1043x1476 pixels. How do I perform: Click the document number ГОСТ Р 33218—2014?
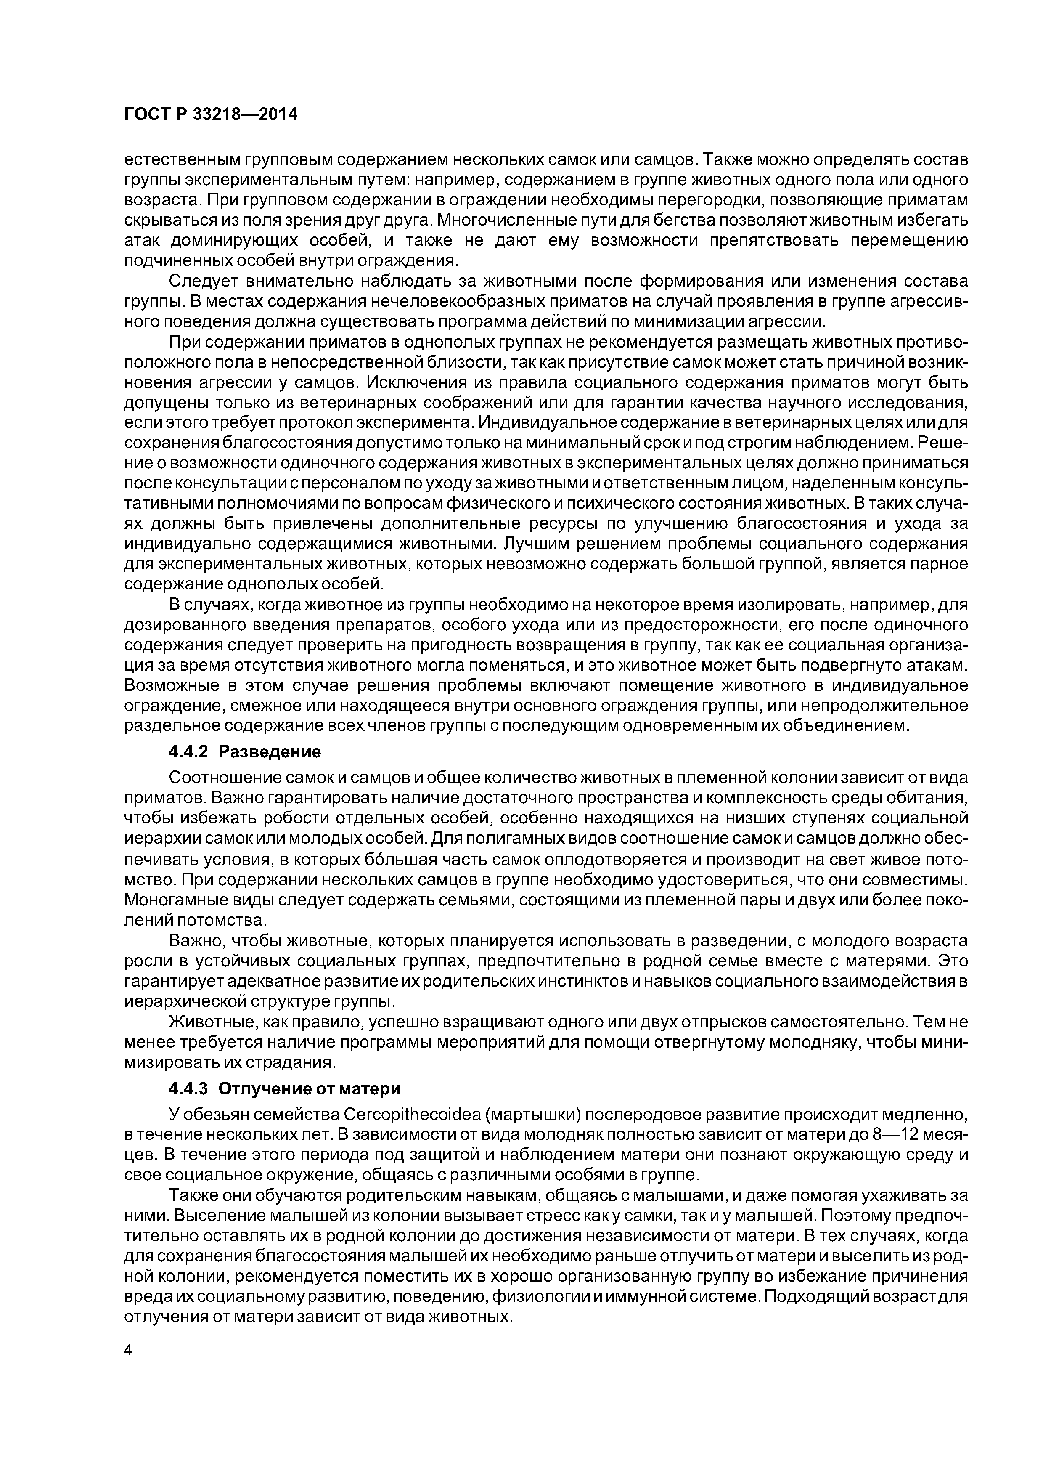(x=210, y=115)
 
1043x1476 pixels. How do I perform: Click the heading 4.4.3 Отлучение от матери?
(x=284, y=1088)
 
